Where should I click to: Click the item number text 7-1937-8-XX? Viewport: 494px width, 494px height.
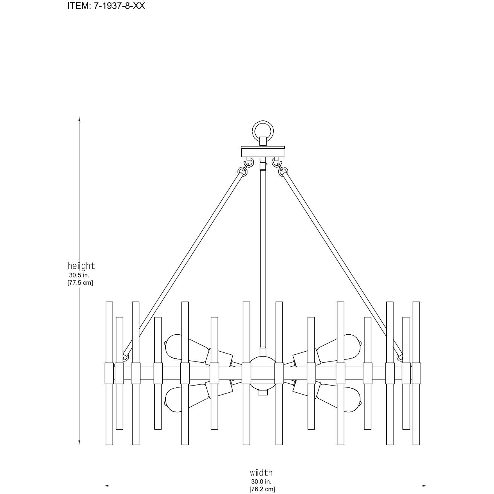(119, 6)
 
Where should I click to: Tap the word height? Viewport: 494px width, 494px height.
(81, 266)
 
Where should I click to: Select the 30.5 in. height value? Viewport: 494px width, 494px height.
(79, 276)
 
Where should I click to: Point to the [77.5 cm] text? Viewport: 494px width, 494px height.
(80, 283)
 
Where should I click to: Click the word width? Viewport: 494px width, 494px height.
(261, 472)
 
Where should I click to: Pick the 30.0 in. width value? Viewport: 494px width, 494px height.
(261, 482)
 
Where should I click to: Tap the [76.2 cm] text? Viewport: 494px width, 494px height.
(262, 489)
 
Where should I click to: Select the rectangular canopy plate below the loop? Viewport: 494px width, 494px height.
(263, 151)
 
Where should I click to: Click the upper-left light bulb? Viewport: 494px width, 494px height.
(187, 348)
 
